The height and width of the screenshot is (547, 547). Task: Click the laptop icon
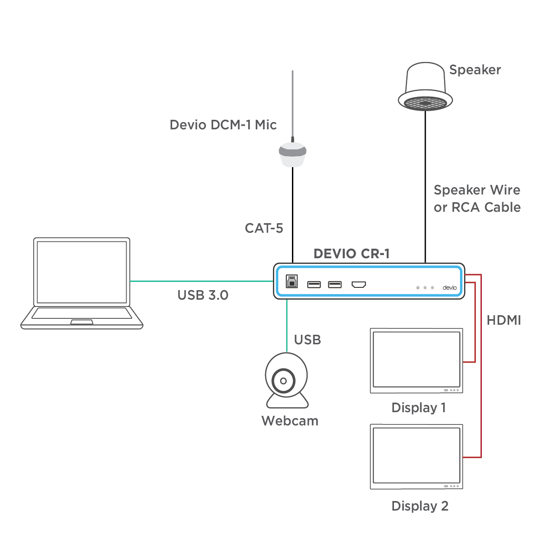pos(82,282)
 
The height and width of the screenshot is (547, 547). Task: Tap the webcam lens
pos(283,381)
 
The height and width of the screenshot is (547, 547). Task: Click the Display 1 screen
pos(416,360)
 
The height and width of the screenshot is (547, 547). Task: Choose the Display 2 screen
pos(416,456)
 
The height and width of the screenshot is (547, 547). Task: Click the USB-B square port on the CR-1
pos(292,281)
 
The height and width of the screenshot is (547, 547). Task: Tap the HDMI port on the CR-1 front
pos(359,285)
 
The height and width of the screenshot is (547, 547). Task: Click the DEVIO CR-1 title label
pos(352,254)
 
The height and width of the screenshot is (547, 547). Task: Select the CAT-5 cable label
pos(264,228)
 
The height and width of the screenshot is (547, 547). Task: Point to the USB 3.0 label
pos(203,295)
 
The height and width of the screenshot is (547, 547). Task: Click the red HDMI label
pos(504,320)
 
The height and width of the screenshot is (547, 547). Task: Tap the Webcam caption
pos(290,421)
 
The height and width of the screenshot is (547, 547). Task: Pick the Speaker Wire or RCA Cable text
pos(477,199)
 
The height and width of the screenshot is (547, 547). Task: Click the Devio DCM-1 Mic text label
pos(223,125)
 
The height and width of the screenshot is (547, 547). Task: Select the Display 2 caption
pos(419,506)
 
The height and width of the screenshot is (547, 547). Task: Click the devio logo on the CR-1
pos(450,288)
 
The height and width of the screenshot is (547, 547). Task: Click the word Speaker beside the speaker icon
pos(475,70)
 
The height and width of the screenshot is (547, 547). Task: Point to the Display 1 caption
pos(419,408)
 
